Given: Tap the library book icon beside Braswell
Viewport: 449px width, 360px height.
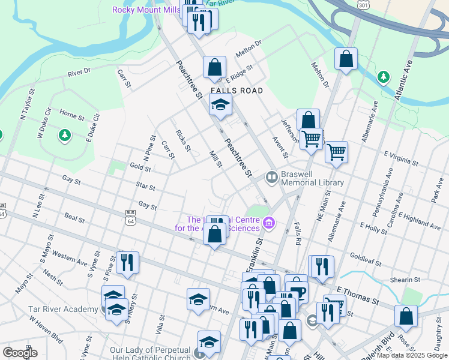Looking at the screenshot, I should (271, 176).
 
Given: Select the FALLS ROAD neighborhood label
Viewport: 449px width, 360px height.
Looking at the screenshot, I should (237, 91).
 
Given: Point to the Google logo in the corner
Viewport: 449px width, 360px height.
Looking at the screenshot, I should (20, 352).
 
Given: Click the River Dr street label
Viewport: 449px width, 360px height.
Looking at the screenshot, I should (79, 73).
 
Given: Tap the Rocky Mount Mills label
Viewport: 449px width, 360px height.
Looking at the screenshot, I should (147, 10).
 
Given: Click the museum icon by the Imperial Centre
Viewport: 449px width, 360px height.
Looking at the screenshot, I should (268, 224).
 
